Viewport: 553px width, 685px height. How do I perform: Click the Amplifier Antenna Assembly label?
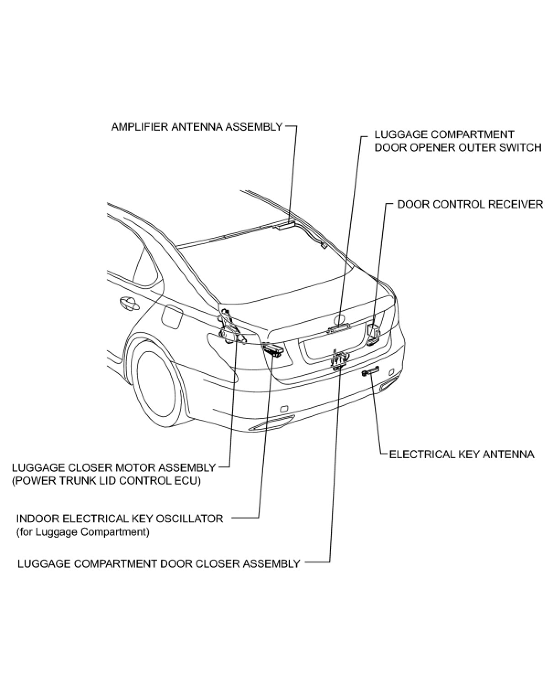(x=197, y=127)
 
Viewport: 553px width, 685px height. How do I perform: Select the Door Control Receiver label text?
(x=470, y=204)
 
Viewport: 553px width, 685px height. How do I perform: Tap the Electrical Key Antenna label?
(x=462, y=454)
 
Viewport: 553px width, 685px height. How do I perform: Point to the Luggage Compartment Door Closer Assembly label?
(x=159, y=563)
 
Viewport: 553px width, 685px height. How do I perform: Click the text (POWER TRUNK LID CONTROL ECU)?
(x=106, y=481)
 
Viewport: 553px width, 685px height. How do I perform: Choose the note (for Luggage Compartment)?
(x=83, y=532)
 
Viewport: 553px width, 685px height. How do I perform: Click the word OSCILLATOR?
(x=192, y=519)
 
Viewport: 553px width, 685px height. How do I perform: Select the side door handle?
(x=128, y=303)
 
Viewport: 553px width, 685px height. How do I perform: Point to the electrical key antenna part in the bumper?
(x=370, y=373)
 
